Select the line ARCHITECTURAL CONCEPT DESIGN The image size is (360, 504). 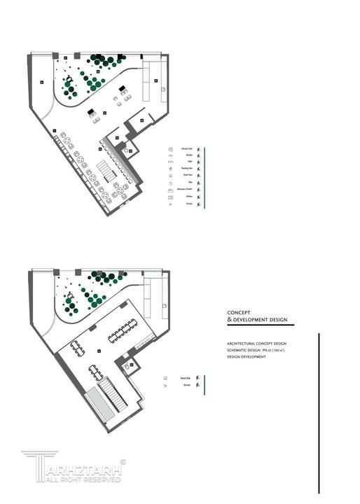click(256, 344)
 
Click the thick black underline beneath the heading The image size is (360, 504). click(260, 325)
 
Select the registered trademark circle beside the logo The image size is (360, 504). click(123, 462)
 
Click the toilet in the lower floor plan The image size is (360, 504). click(127, 364)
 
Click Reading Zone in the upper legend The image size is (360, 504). click(187, 169)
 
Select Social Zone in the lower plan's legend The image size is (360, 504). click(186, 377)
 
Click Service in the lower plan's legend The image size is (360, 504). click(187, 385)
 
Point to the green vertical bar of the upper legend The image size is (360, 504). click(205, 178)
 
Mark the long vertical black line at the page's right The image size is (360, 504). click(319, 413)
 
